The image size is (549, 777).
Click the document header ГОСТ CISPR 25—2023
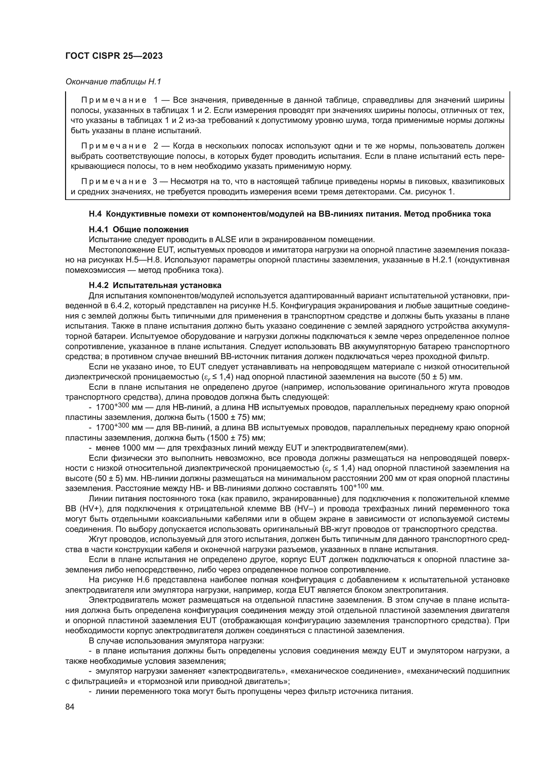tap(114, 56)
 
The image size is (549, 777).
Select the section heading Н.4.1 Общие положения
tap(139, 230)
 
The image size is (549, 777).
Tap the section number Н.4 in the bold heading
tap(95, 214)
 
